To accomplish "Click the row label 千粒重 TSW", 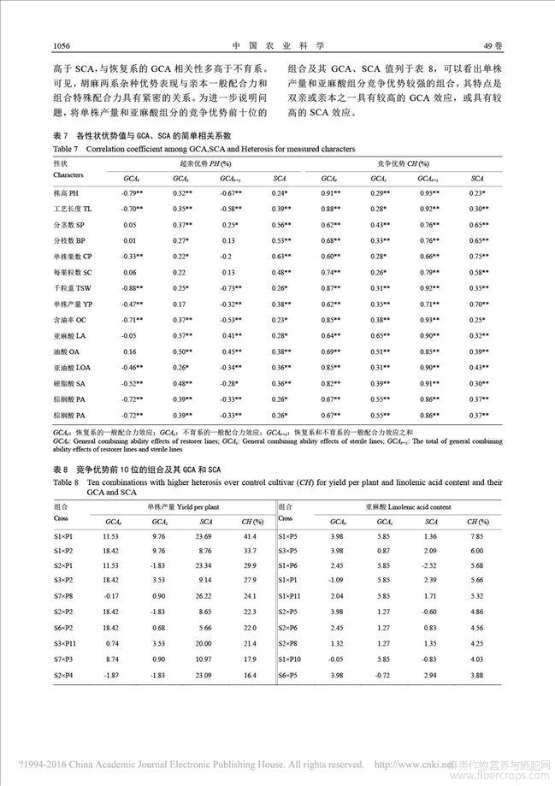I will pos(71,288).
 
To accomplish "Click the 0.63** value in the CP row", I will pos(280,257).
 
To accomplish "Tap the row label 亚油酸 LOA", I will pos(73,366).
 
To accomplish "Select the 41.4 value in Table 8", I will pos(250,535).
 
